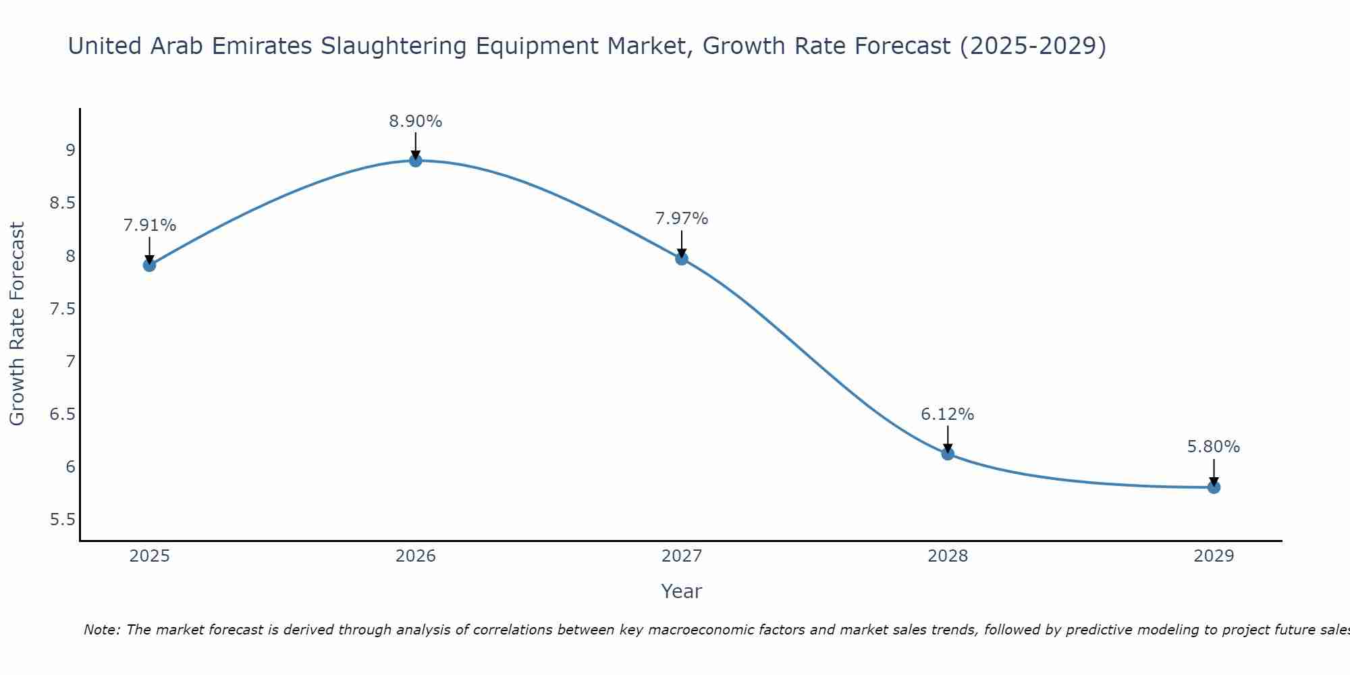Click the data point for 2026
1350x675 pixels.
(416, 161)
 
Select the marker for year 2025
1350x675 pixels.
(150, 265)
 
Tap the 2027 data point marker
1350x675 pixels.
(682, 259)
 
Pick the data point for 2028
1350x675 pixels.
(948, 454)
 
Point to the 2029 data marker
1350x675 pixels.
(1214, 487)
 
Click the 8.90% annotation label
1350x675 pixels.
(416, 122)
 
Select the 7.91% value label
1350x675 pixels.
(150, 225)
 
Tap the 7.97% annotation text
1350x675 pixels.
(682, 219)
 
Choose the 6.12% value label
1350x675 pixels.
(948, 414)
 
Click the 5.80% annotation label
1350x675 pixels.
(1214, 447)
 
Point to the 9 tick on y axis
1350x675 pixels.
(70, 151)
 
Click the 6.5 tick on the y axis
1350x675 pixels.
(63, 414)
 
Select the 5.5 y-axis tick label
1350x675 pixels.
(63, 520)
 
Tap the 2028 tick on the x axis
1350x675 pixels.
(948, 556)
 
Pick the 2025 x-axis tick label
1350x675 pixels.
(150, 556)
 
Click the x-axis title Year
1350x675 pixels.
(682, 591)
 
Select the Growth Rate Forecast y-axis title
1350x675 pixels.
(18, 324)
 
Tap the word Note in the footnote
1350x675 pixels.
(101, 630)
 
